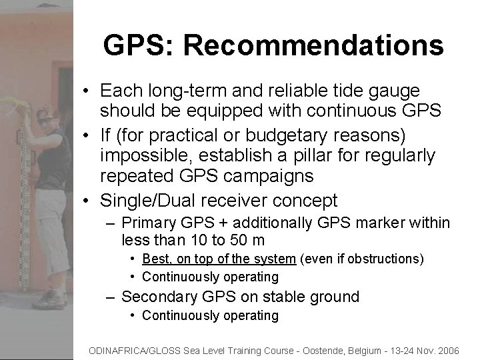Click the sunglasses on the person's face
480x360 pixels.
(x=47, y=119)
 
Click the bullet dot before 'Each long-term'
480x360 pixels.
(x=87, y=90)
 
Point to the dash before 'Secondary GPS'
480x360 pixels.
(x=111, y=297)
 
